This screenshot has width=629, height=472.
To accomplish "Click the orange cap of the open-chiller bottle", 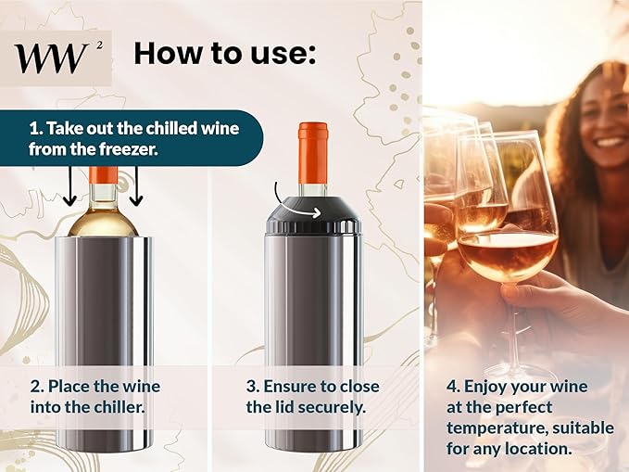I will click(x=103, y=174).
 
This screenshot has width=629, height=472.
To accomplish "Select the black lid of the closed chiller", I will click(x=312, y=215).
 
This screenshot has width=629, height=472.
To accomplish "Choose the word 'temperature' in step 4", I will click(x=495, y=428).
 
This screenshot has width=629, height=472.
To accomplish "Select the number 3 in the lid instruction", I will click(x=252, y=386).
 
